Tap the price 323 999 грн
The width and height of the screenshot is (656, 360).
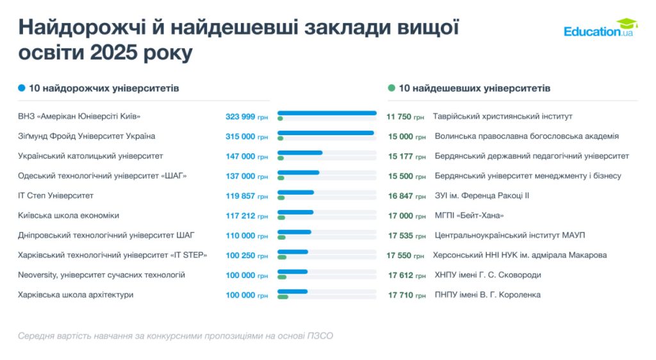coord(247,117)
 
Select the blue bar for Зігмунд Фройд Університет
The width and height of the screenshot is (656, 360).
coord(325,133)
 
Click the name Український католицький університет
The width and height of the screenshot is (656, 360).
coord(90,156)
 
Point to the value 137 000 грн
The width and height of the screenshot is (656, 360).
coord(247,176)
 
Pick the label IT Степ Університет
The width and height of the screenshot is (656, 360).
coord(56,195)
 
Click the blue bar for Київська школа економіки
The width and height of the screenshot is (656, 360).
coord(295,212)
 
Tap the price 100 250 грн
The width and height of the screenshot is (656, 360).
coord(247,256)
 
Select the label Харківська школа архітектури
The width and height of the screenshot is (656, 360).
coord(76,295)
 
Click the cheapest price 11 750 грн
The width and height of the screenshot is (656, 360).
coord(406,117)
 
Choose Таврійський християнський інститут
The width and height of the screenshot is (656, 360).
coord(502,117)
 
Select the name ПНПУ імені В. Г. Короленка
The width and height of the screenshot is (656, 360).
coord(488,295)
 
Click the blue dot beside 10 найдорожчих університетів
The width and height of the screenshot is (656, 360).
coord(22,88)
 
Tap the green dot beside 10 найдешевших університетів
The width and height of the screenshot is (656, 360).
coord(391,88)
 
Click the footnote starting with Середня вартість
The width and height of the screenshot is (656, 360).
coord(176,336)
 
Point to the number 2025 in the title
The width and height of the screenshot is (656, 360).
coord(117,52)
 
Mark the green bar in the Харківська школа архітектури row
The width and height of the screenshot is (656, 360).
coord(283,297)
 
